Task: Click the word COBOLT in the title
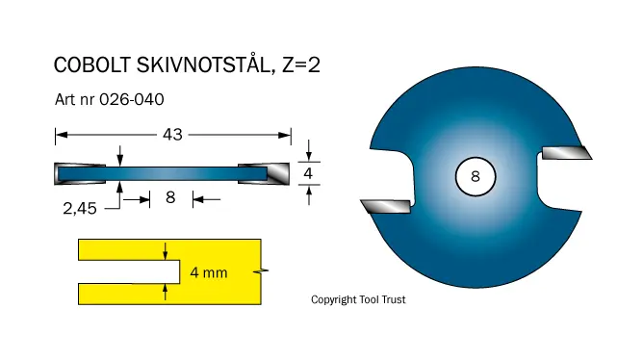(92, 65)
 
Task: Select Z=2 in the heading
(301, 65)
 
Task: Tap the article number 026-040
(132, 100)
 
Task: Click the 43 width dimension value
(172, 135)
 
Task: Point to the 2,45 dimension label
(80, 209)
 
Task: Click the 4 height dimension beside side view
(308, 173)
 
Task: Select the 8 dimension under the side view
(170, 197)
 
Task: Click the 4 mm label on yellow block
(209, 272)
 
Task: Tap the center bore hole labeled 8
(476, 176)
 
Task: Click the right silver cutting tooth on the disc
(567, 153)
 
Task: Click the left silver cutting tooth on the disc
(386, 206)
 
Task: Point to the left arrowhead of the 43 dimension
(62, 135)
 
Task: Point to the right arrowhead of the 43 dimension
(285, 135)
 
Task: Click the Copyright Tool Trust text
(358, 299)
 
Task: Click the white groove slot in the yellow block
(129, 271)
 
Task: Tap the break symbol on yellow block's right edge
(261, 271)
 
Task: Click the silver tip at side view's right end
(278, 174)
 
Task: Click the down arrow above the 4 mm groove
(166, 251)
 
